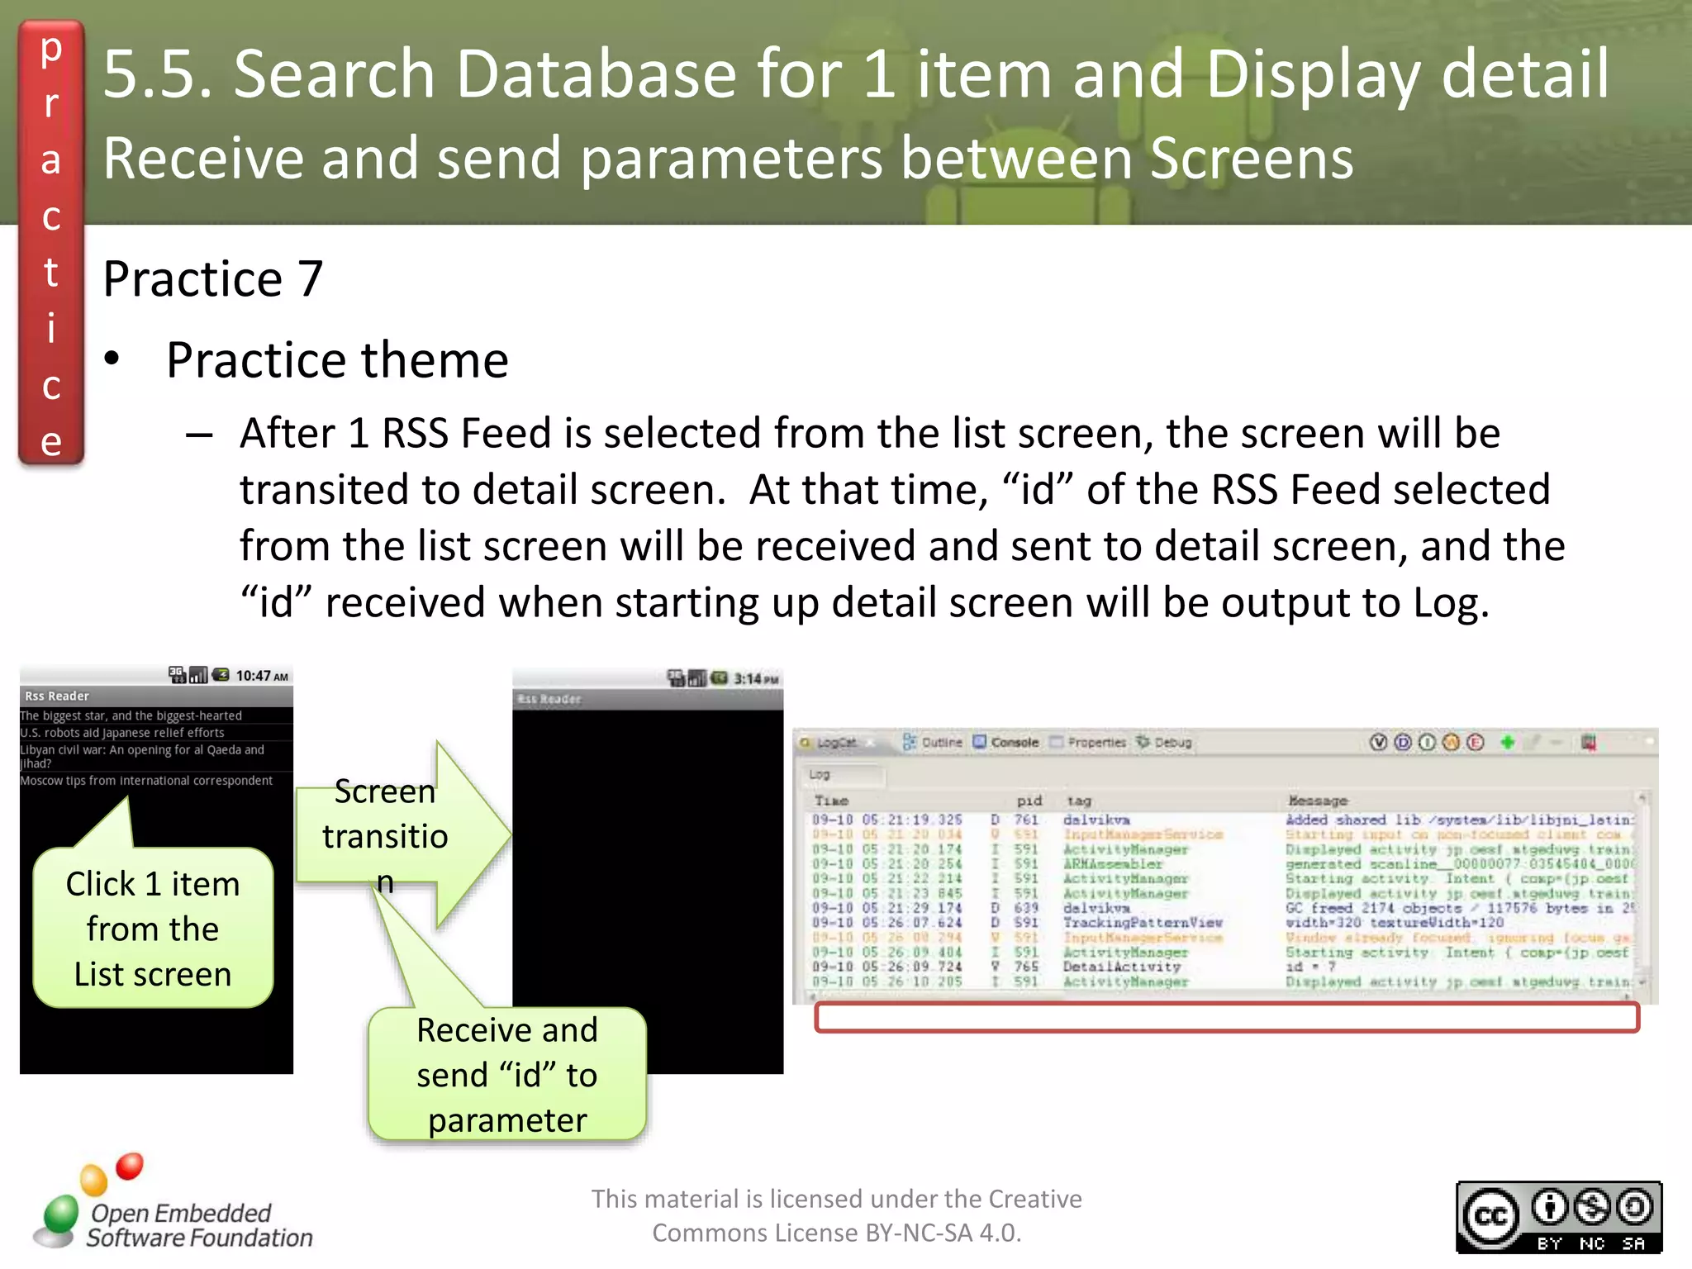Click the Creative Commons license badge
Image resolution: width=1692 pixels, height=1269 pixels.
coord(1558,1217)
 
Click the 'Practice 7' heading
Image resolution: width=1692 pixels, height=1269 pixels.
coord(212,278)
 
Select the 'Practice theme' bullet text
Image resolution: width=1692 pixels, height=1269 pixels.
coord(337,360)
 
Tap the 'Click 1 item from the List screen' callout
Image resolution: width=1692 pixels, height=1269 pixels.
coord(153,928)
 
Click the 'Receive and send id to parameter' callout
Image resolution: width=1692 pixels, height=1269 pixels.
coord(506,1074)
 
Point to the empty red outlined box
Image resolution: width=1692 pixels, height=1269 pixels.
coord(1227,1018)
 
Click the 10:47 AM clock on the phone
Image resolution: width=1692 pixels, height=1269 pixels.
coord(261,676)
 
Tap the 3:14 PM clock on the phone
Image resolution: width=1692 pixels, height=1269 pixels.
coord(756,679)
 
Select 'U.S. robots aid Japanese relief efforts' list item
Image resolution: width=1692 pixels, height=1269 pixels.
coord(122,733)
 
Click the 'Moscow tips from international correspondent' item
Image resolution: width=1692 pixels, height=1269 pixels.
coord(146,781)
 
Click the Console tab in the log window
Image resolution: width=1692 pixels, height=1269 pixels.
coord(1006,742)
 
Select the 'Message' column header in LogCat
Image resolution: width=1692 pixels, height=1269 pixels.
coord(1318,801)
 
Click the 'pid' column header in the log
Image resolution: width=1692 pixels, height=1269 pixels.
coord(1029,801)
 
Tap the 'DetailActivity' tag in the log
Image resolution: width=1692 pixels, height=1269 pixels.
coord(1121,967)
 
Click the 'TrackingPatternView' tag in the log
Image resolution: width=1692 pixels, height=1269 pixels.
coord(1142,922)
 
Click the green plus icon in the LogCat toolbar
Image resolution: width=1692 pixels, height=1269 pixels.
coord(1507,742)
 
